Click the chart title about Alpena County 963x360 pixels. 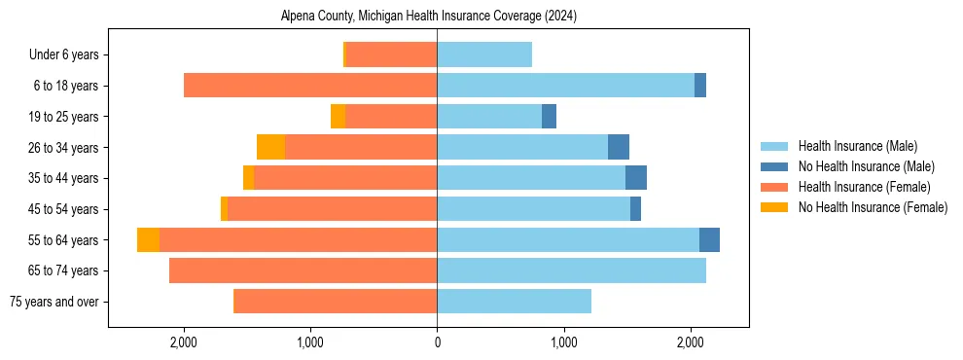(429, 17)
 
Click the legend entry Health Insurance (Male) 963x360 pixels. (857, 146)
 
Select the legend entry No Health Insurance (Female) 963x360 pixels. (873, 207)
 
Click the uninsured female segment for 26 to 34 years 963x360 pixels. (270, 147)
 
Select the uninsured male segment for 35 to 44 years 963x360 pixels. (636, 178)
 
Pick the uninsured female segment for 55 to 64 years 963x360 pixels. (148, 240)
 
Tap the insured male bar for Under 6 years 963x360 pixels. (484, 55)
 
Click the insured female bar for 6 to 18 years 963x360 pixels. (310, 86)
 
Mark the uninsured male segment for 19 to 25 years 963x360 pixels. (549, 117)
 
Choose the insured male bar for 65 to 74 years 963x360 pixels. (571, 270)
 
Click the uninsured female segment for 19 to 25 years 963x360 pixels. (338, 117)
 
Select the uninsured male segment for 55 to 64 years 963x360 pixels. (709, 240)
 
